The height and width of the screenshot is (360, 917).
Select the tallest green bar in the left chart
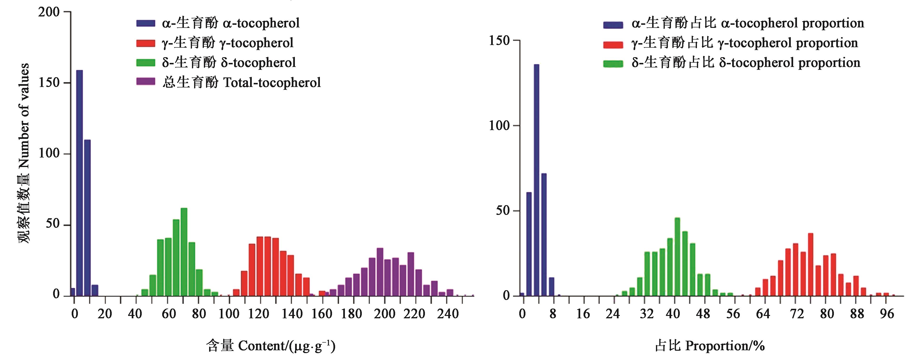coord(184,252)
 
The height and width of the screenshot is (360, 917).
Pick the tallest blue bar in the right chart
coord(536,180)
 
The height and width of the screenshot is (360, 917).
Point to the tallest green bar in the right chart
coord(677,256)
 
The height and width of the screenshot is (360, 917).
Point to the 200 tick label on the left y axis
coord(49,12)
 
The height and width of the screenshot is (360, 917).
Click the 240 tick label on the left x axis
coord(448,314)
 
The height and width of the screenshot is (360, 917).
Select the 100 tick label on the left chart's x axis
coord(229,314)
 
